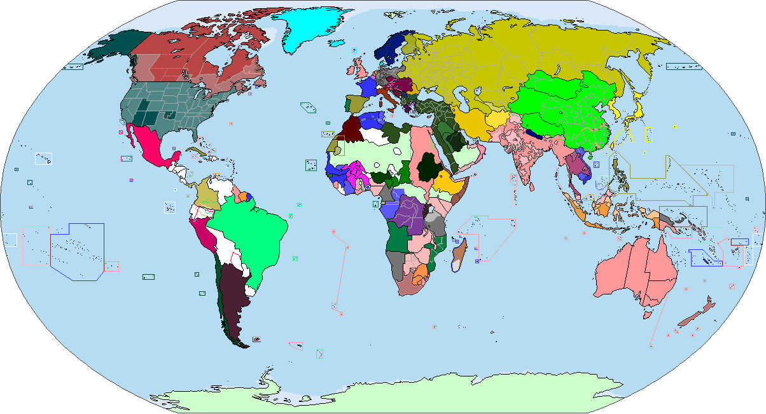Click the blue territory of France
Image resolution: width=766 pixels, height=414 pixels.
tap(367, 87)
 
